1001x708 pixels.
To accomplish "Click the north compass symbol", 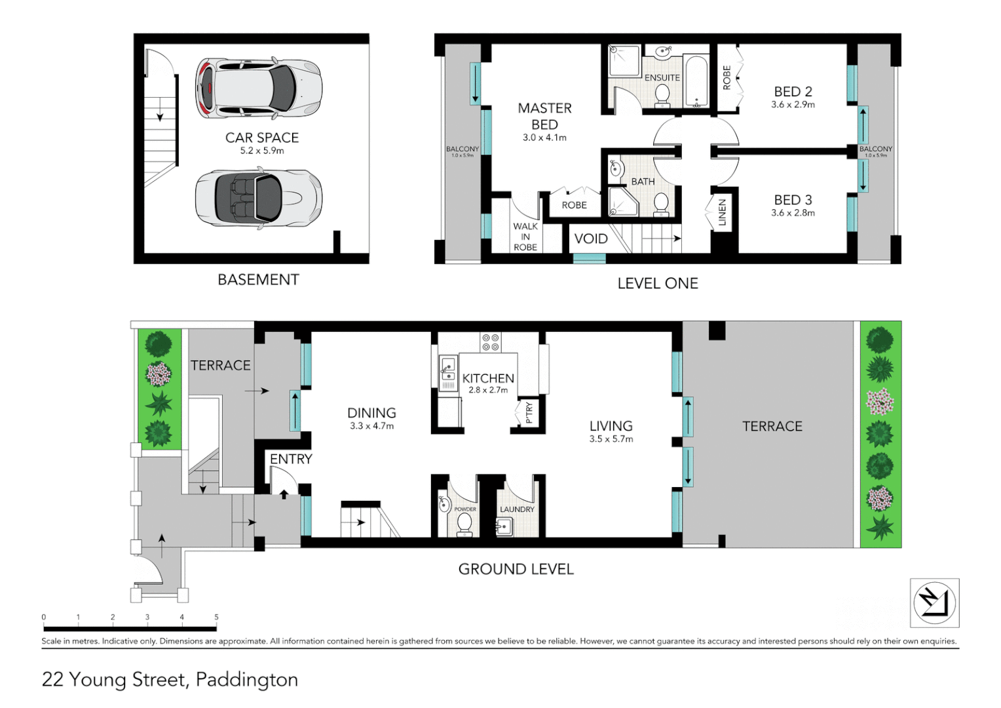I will point(934,602).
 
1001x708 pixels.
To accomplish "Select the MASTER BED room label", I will point(544,116).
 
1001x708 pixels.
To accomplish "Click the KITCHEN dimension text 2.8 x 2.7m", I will point(488,390).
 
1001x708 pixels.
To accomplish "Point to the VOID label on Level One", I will point(590,239).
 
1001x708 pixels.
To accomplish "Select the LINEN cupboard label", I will point(722,212).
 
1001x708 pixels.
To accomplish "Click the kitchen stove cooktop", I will point(490,342).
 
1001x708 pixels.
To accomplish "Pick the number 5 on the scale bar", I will point(216,617).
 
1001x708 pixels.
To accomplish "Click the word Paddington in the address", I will point(247,679).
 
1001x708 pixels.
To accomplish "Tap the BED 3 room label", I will point(793,200).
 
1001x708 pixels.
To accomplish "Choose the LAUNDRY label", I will point(517,509).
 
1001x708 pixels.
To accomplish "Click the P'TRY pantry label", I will point(529,412).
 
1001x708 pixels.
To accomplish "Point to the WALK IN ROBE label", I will point(525,237).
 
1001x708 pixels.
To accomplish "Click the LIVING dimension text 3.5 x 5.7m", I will point(611,439).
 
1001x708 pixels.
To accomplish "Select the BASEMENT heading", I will point(258,280).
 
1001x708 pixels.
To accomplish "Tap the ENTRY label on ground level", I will point(291,459).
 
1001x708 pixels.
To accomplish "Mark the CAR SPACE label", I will point(262,138).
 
